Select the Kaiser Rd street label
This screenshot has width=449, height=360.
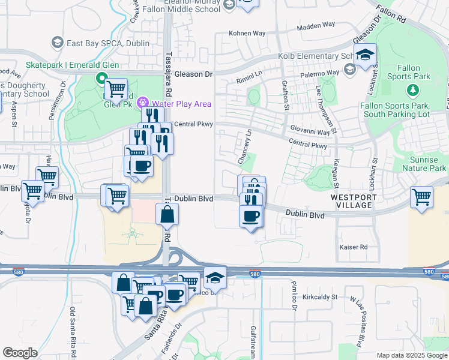[x=352, y=247]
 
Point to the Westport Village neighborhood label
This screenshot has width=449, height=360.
[x=353, y=201]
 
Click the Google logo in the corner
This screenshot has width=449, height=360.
[x=20, y=353]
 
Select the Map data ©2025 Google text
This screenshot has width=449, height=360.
[x=412, y=355]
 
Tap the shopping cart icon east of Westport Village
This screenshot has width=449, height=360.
[x=422, y=197]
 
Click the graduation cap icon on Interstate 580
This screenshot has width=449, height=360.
[x=215, y=277]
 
